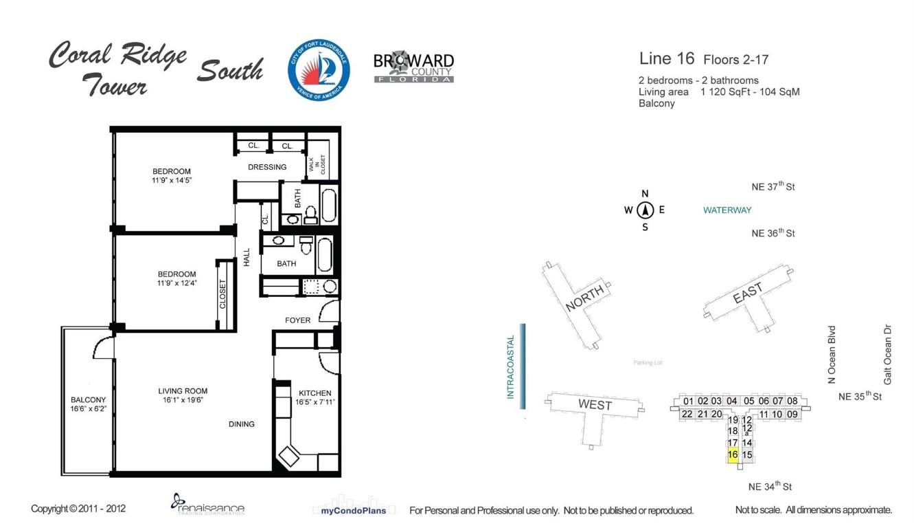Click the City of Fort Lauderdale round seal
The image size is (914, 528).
[x=319, y=70]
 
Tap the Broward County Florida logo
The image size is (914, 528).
[x=413, y=67]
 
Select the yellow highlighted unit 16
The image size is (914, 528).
[x=732, y=454]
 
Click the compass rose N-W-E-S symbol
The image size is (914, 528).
[x=645, y=210]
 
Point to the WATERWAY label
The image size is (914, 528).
[x=727, y=210]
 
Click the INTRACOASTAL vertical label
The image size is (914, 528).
[x=510, y=366]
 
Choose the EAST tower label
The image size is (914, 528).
[x=747, y=294]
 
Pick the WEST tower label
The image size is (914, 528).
[x=595, y=405]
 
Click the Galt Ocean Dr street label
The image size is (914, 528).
[x=887, y=355]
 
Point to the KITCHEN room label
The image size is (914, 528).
[x=314, y=393]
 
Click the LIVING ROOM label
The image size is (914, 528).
[x=182, y=391]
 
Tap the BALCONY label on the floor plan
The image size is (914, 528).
[x=89, y=399]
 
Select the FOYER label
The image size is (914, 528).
[x=297, y=320]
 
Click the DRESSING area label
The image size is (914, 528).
[x=267, y=167]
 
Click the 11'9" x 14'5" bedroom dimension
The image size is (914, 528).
[x=172, y=181]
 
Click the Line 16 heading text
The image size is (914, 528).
[x=666, y=59]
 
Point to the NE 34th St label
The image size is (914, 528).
[x=770, y=486]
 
